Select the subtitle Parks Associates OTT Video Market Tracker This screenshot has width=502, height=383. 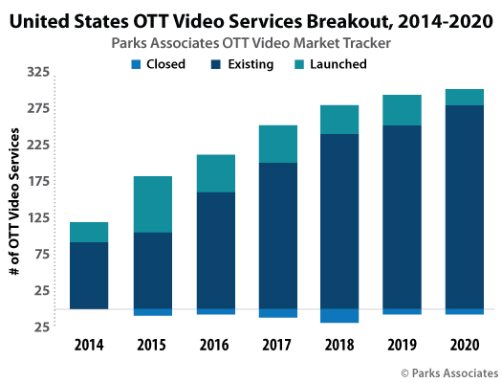[x=251, y=42]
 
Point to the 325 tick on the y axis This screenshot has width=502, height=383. [x=39, y=73]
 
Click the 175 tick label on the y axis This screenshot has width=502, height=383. [x=39, y=182]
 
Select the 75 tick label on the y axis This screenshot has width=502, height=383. [x=39, y=255]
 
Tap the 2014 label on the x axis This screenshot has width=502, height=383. [x=89, y=344]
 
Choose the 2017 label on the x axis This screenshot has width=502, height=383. [x=277, y=344]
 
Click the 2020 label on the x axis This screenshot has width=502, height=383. [x=464, y=344]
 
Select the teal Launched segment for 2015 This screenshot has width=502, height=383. [x=153, y=204]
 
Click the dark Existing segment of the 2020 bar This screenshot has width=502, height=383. [x=464, y=206]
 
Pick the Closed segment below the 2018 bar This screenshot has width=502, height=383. [x=339, y=315]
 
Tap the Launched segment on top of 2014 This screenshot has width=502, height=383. [x=89, y=232]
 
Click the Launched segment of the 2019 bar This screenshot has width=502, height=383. [x=402, y=110]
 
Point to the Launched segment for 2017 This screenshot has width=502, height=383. [x=277, y=144]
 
